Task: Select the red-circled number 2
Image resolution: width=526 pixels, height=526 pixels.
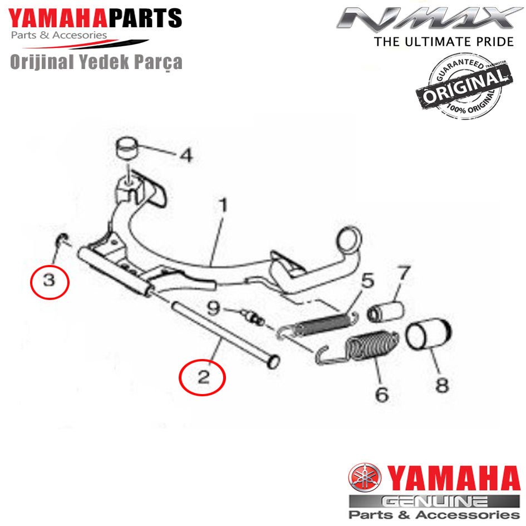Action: (x=202, y=377)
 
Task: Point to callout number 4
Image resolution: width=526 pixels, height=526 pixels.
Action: (x=185, y=155)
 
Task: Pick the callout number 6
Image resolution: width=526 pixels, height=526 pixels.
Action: (x=381, y=394)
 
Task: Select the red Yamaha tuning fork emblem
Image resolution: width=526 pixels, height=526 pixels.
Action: (x=364, y=479)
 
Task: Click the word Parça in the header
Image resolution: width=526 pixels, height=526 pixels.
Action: (x=159, y=62)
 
